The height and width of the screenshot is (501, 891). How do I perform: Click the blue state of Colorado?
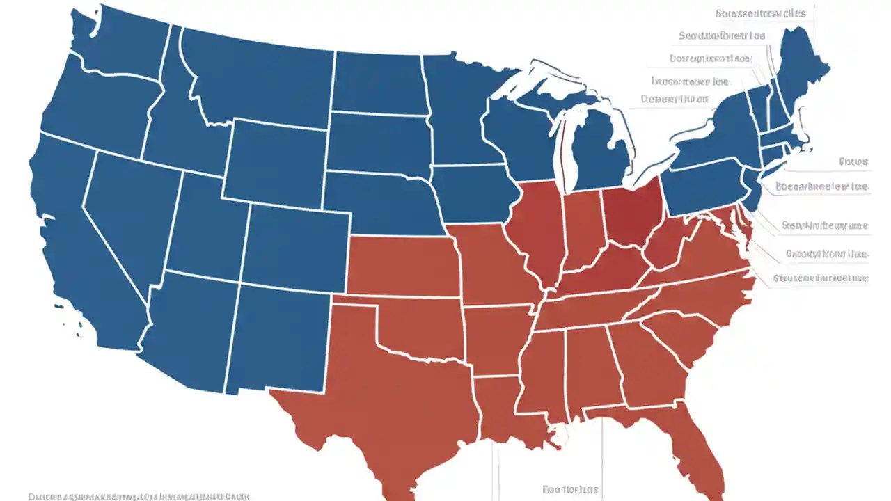[x=296, y=247]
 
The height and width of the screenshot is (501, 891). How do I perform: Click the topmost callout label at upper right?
[x=759, y=13]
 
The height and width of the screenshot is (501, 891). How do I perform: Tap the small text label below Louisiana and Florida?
[x=570, y=489]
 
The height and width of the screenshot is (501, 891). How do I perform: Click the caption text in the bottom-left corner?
[x=139, y=496]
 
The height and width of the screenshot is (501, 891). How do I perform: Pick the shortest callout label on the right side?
[x=853, y=161]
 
